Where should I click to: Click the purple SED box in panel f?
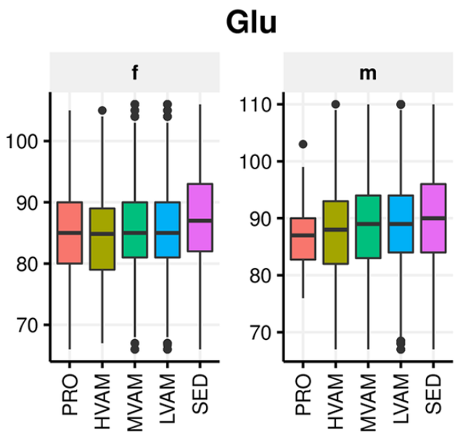tap(198, 217)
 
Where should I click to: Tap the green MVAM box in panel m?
tap(369, 227)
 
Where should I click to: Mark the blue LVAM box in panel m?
tap(401, 224)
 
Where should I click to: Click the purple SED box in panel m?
tap(433, 218)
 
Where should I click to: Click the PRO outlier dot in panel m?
tap(303, 144)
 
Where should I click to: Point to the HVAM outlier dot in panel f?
tap(102, 110)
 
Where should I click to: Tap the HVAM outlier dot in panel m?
tap(336, 104)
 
